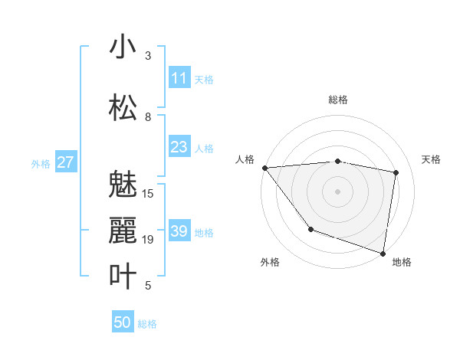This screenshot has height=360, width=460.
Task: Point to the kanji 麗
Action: click(123, 231)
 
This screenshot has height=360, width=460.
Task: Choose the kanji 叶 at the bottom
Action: click(123, 277)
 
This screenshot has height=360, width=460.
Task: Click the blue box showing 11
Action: click(179, 78)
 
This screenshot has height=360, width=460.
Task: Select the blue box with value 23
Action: click(179, 147)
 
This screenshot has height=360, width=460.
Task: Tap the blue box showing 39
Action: click(179, 231)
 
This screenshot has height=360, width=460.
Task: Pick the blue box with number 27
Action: click(65, 162)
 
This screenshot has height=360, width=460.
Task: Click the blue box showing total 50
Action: click(123, 322)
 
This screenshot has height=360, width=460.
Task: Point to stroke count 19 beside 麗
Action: click(148, 240)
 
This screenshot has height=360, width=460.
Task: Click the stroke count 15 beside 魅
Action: click(148, 194)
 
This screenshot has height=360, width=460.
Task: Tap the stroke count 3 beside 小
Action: click(148, 56)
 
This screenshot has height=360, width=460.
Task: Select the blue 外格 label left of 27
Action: click(41, 163)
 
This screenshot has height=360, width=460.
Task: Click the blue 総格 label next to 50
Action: click(147, 324)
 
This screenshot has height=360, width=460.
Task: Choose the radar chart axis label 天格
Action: click(431, 159)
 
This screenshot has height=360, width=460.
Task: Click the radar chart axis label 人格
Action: click(245, 159)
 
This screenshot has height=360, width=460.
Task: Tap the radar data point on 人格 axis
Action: click(264, 168)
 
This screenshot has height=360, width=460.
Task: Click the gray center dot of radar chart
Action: click(337, 191)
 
